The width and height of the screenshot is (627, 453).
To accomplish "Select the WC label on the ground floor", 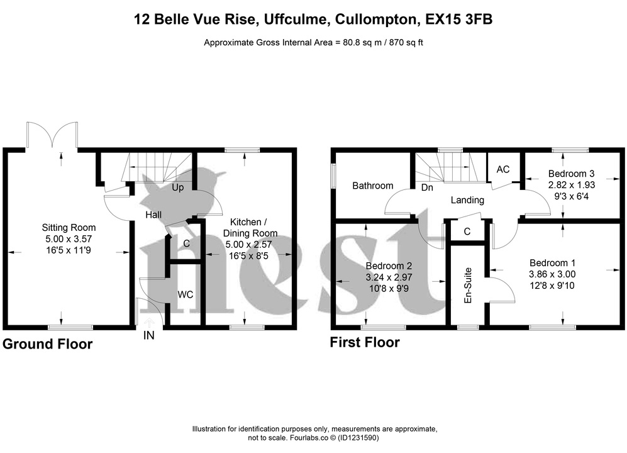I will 185,294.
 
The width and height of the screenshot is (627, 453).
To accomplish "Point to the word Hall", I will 153,215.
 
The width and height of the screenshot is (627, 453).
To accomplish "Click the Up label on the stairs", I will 177,187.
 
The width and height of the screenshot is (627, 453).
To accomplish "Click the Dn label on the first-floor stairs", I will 427,187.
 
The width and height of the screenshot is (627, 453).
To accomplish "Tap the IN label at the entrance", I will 149,336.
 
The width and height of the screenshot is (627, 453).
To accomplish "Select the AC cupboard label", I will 503,169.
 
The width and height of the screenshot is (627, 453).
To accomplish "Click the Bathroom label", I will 372,186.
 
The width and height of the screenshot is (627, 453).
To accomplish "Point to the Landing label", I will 468,200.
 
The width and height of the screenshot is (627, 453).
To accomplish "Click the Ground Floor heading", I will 48,344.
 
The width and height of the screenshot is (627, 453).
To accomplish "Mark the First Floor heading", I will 365,343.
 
